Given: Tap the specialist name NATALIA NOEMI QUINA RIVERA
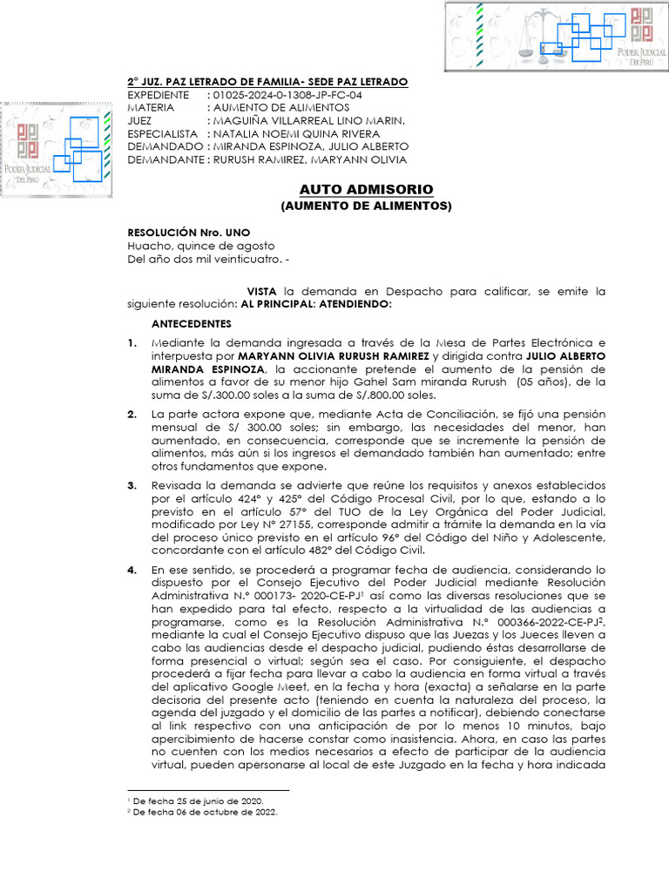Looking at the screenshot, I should click(x=296, y=133).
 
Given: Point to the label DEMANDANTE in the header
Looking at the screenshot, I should click(x=166, y=159).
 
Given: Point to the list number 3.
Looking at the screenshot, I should click(x=132, y=485).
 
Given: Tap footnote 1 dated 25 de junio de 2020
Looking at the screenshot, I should click(x=199, y=800).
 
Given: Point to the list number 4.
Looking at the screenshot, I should click(x=132, y=570).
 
